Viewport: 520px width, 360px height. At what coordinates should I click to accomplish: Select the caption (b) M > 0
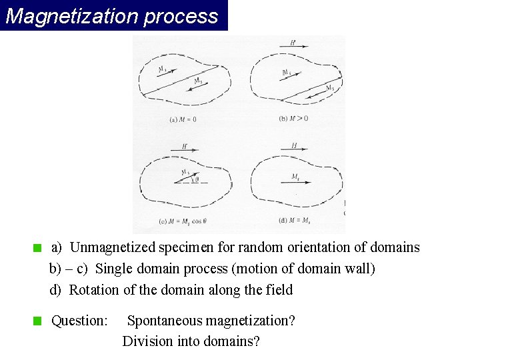pos(293,119)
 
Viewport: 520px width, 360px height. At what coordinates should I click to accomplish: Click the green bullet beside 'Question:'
pos(38,321)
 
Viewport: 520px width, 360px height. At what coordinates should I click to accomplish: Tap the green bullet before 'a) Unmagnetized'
pos(38,248)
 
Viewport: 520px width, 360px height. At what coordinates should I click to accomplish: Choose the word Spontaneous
pos(164,321)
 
